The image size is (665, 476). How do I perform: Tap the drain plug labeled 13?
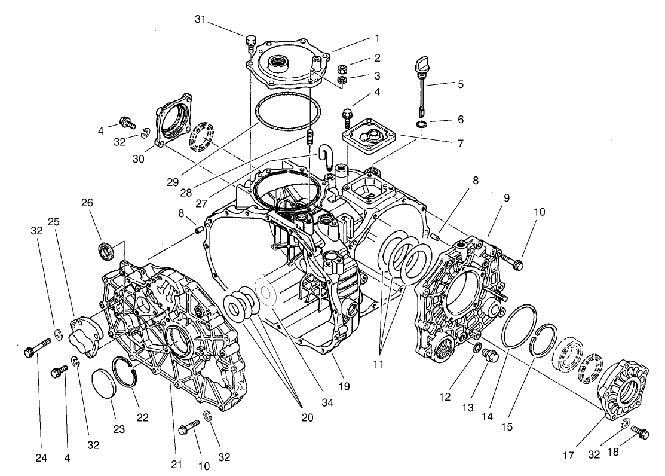tap(488, 358)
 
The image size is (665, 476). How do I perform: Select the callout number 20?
tap(307, 417)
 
